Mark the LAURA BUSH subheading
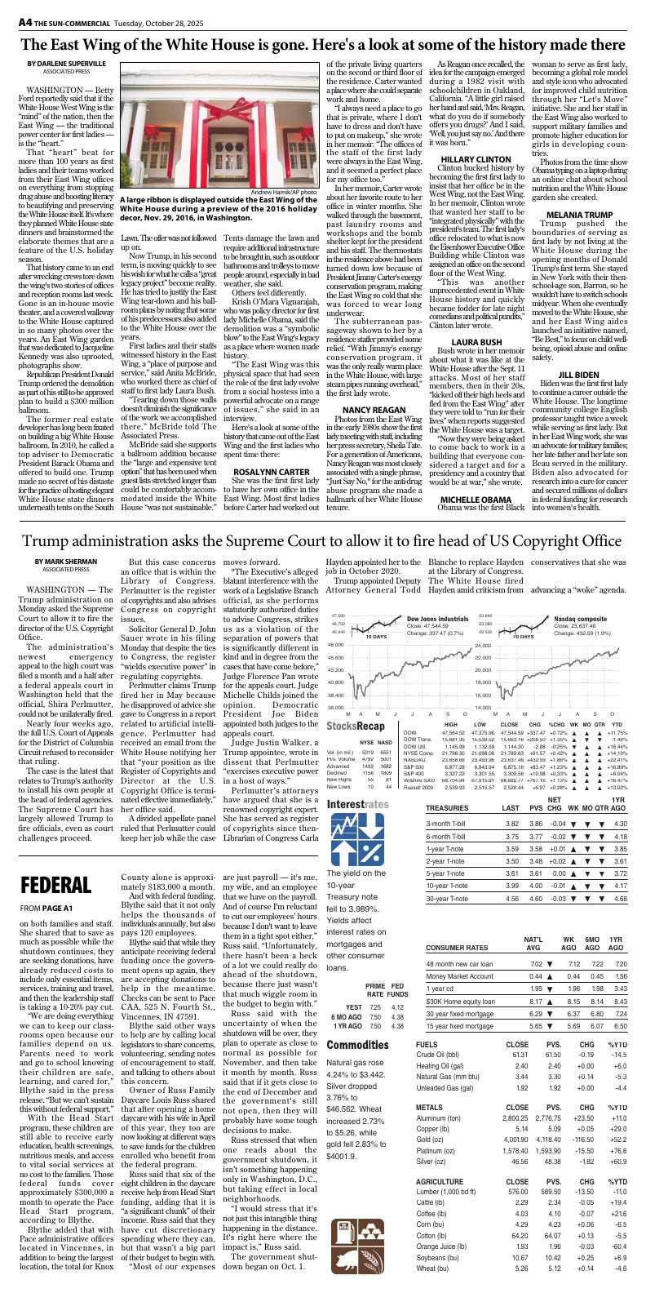click(476, 364)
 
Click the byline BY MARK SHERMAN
click(59, 584)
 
